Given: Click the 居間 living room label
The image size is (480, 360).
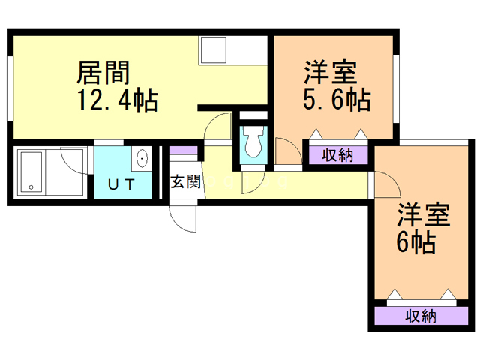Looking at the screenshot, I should pos(103,73).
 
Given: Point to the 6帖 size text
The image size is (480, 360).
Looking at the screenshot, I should pos(415,242).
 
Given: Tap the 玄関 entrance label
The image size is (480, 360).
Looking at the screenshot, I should pos(185,181).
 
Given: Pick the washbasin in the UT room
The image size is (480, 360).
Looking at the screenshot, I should pos(142,160).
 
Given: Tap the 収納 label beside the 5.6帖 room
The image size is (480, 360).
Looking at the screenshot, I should pos(337,156).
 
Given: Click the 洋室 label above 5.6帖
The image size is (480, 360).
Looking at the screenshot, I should pos(330,73).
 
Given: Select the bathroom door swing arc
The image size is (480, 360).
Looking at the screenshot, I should pos(75,160).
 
